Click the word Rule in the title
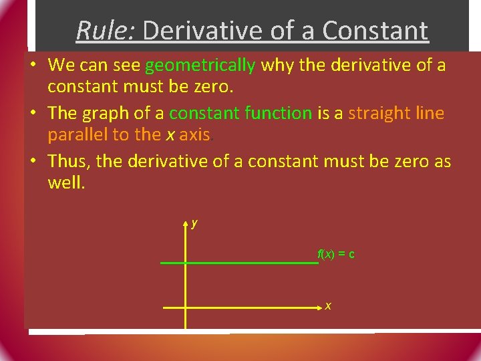(104, 30)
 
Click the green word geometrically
(200, 66)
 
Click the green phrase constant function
(240, 114)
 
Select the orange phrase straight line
(396, 114)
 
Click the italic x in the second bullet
(170, 136)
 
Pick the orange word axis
(194, 135)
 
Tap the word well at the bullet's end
(66, 183)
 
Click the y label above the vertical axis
(194, 223)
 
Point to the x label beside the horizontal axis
(328, 306)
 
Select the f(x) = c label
(335, 254)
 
